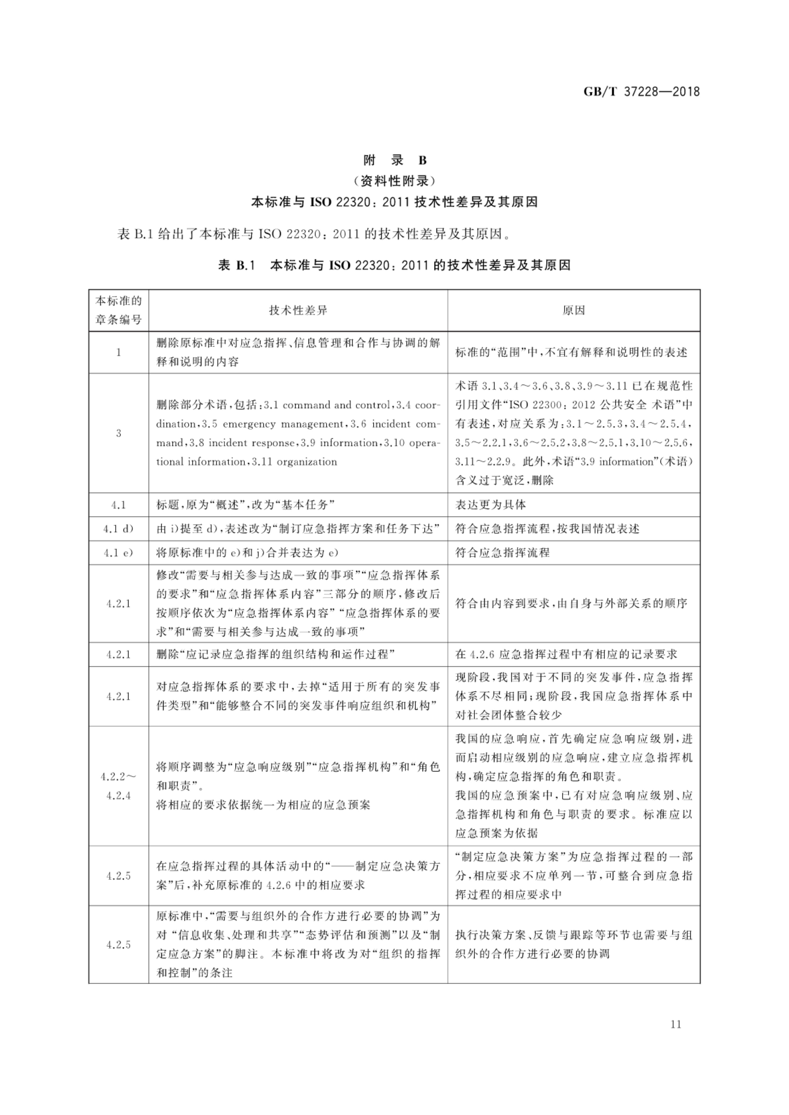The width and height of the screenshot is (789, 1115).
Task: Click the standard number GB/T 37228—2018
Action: click(641, 91)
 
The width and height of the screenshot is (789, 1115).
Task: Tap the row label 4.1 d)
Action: click(119, 529)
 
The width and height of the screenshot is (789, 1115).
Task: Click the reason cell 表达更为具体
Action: click(491, 505)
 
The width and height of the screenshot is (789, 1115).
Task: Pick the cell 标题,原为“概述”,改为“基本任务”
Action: click(246, 505)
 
